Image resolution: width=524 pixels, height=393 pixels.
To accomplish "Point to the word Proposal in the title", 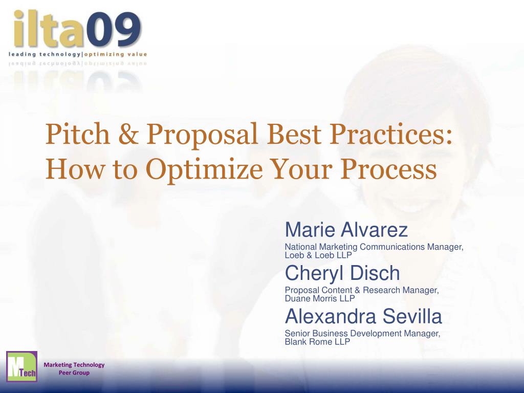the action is click(202, 136).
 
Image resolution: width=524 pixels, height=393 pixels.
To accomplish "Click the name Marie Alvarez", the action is click(346, 230).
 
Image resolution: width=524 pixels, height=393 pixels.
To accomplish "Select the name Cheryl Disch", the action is click(342, 273).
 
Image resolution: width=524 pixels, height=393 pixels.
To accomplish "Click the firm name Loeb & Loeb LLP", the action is click(318, 255).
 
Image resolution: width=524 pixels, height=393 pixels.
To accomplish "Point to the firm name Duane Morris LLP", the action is click(319, 298).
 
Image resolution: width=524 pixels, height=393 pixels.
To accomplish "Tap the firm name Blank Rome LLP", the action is click(317, 341).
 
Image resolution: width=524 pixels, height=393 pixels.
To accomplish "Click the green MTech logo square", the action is click(21, 366).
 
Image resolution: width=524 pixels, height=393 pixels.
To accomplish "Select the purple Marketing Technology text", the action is click(74, 364).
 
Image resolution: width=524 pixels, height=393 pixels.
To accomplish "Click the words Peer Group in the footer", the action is click(74, 373).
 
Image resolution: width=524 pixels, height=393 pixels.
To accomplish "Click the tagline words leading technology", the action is click(45, 54).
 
